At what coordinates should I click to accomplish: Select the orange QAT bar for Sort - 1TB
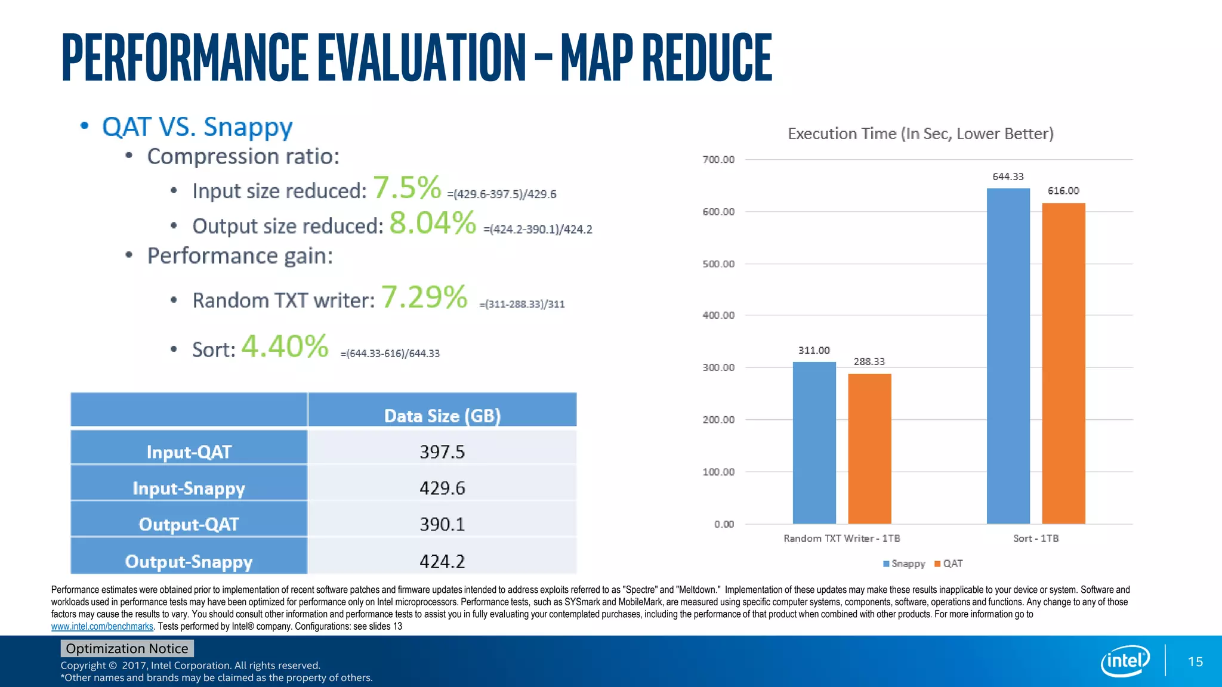[1063, 363]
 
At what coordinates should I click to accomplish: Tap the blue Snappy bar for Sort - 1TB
[1008, 356]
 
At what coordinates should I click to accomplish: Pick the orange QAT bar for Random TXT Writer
[869, 448]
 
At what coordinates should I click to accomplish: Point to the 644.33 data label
[1008, 177]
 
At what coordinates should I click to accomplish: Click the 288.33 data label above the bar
[869, 361]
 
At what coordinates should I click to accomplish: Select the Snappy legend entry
[904, 564]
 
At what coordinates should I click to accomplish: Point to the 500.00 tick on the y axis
[718, 264]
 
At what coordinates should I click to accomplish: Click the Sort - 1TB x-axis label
[1036, 539]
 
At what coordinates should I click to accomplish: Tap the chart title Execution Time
[920, 134]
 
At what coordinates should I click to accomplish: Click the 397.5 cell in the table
[442, 451]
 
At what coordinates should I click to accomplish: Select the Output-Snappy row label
[189, 561]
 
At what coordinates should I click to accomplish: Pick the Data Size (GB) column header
[442, 416]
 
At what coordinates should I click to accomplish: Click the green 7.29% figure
[424, 297]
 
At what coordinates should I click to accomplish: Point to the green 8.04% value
[433, 223]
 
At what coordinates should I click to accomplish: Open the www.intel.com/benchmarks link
[102, 626]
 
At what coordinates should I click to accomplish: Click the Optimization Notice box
[127, 648]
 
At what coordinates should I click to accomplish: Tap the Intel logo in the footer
[1125, 661]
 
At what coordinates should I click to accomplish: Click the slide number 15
[1195, 661]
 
